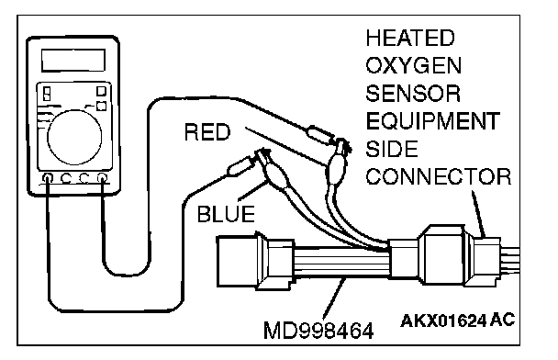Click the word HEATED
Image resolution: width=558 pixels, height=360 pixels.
pos(410,38)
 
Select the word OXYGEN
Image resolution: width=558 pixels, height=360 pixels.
pos(414,65)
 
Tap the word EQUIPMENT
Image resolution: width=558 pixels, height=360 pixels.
pos(433,121)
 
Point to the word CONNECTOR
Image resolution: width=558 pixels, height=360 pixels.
pos(439,176)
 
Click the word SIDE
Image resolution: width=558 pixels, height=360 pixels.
pos(392,149)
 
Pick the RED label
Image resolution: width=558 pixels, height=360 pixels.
pos(207,131)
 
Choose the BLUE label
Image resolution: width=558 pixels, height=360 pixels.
pos(226,214)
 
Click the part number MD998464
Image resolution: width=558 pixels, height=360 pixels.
pos(318,331)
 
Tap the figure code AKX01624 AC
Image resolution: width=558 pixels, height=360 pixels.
pos(457,321)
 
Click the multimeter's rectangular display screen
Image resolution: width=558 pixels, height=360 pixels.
pos(73,61)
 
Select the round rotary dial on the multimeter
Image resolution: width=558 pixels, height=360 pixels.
pos(74,138)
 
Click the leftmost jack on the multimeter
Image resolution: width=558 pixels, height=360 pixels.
pos(48,177)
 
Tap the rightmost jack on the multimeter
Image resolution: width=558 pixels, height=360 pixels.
pos(102,177)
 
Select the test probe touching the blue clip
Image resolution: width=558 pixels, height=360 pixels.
pos(240,166)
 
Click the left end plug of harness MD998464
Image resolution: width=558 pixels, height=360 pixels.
pos(237,262)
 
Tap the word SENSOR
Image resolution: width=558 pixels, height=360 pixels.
pos(413,94)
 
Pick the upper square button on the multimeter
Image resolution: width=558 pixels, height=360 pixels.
pos(102,92)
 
